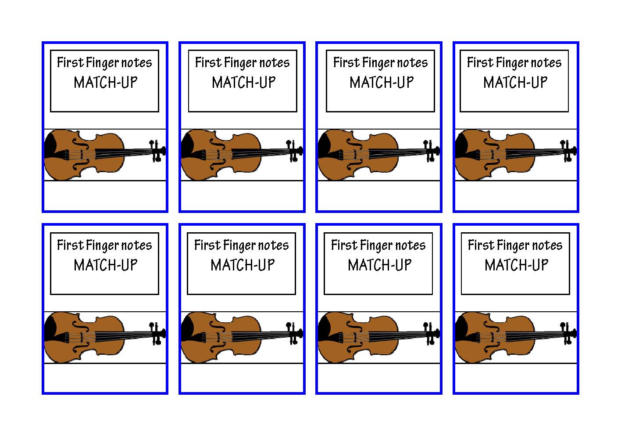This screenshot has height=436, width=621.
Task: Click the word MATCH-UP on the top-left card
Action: [106, 83]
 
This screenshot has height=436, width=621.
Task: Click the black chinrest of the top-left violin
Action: [50, 145]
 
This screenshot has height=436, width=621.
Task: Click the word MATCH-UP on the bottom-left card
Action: [106, 265]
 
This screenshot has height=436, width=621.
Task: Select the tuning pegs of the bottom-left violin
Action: [157, 334]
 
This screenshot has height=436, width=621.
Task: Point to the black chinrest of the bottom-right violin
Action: [461, 328]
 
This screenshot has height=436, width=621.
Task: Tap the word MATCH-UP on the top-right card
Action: [515, 83]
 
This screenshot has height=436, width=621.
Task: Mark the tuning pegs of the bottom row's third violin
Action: [432, 334]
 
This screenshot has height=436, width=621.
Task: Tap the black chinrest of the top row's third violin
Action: [324, 145]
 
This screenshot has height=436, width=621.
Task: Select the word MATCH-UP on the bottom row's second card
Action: [243, 265]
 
